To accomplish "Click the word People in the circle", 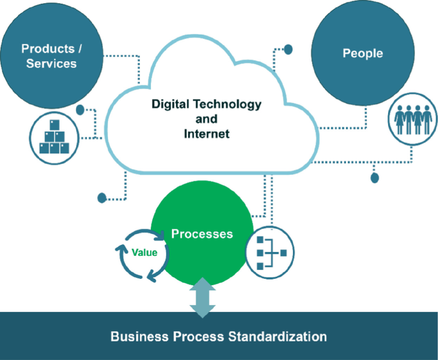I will (363, 54).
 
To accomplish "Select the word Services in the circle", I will (51, 64).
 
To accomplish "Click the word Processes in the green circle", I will (202, 234).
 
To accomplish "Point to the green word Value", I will (145, 253).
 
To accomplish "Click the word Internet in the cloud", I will (207, 134).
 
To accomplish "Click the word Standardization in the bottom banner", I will (277, 336).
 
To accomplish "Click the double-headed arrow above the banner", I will (203, 297).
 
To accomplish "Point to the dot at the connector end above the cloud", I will (288, 49).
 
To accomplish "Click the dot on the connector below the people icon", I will (375, 177).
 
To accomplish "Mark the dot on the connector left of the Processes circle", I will (102, 198).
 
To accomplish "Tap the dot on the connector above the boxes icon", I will (81, 110).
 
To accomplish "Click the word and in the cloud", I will (207, 120).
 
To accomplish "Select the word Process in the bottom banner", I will (203, 336).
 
